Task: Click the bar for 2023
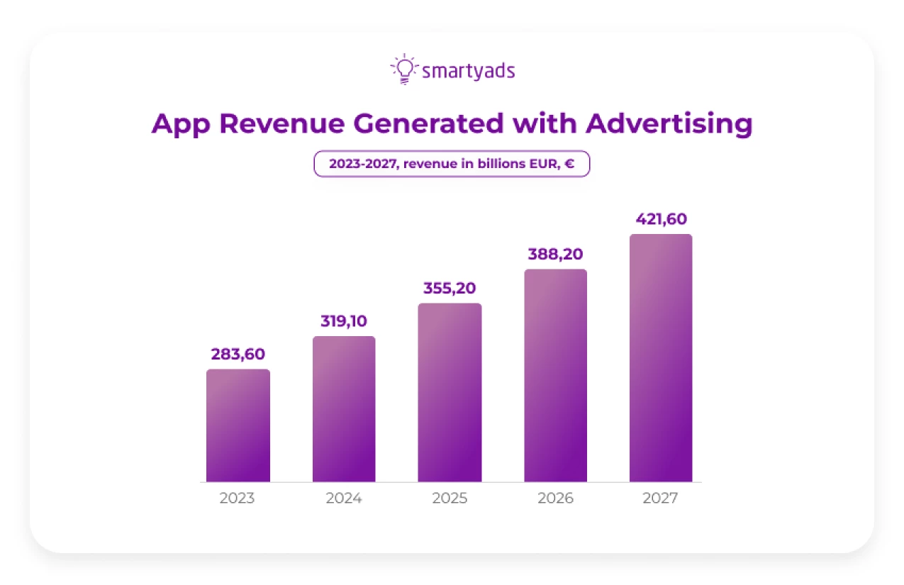pos(238,425)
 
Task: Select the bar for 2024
pos(344,409)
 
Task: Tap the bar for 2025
pos(450,393)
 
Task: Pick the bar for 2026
pos(555,376)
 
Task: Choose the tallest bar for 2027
pos(661,358)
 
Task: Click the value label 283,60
pos(238,355)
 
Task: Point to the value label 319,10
pos(343,321)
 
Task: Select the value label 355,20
pos(450,289)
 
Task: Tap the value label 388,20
pos(555,254)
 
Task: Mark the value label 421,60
pos(661,219)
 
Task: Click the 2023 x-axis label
pos(237,498)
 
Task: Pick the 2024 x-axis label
pos(344,498)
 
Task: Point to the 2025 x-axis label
pos(450,498)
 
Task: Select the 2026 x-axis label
pos(555,498)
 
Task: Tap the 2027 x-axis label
pos(660,498)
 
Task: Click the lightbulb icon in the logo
pos(403,69)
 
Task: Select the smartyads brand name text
pos(468,71)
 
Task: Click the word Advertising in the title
pos(669,124)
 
